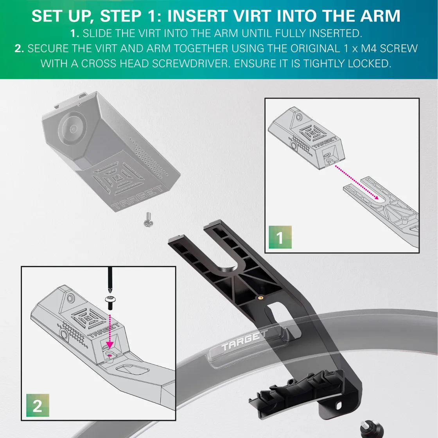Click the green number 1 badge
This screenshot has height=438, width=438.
[280, 237]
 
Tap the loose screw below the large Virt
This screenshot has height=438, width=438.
[148, 219]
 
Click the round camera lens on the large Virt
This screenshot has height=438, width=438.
[73, 128]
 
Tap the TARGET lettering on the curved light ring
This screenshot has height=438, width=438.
[244, 340]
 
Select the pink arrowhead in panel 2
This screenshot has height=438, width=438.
[110, 345]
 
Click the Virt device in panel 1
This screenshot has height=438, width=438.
[307, 139]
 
